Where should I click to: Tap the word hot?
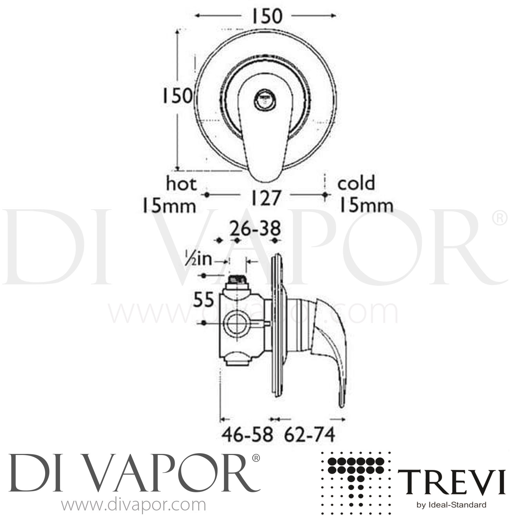click(181, 184)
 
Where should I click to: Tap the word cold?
click(356, 183)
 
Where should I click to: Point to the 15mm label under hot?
click(169, 206)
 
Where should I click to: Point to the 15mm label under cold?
click(366, 206)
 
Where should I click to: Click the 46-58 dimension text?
click(247, 435)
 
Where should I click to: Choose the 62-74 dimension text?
click(309, 435)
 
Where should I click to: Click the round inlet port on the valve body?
click(236, 323)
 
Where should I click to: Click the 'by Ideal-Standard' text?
click(452, 505)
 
